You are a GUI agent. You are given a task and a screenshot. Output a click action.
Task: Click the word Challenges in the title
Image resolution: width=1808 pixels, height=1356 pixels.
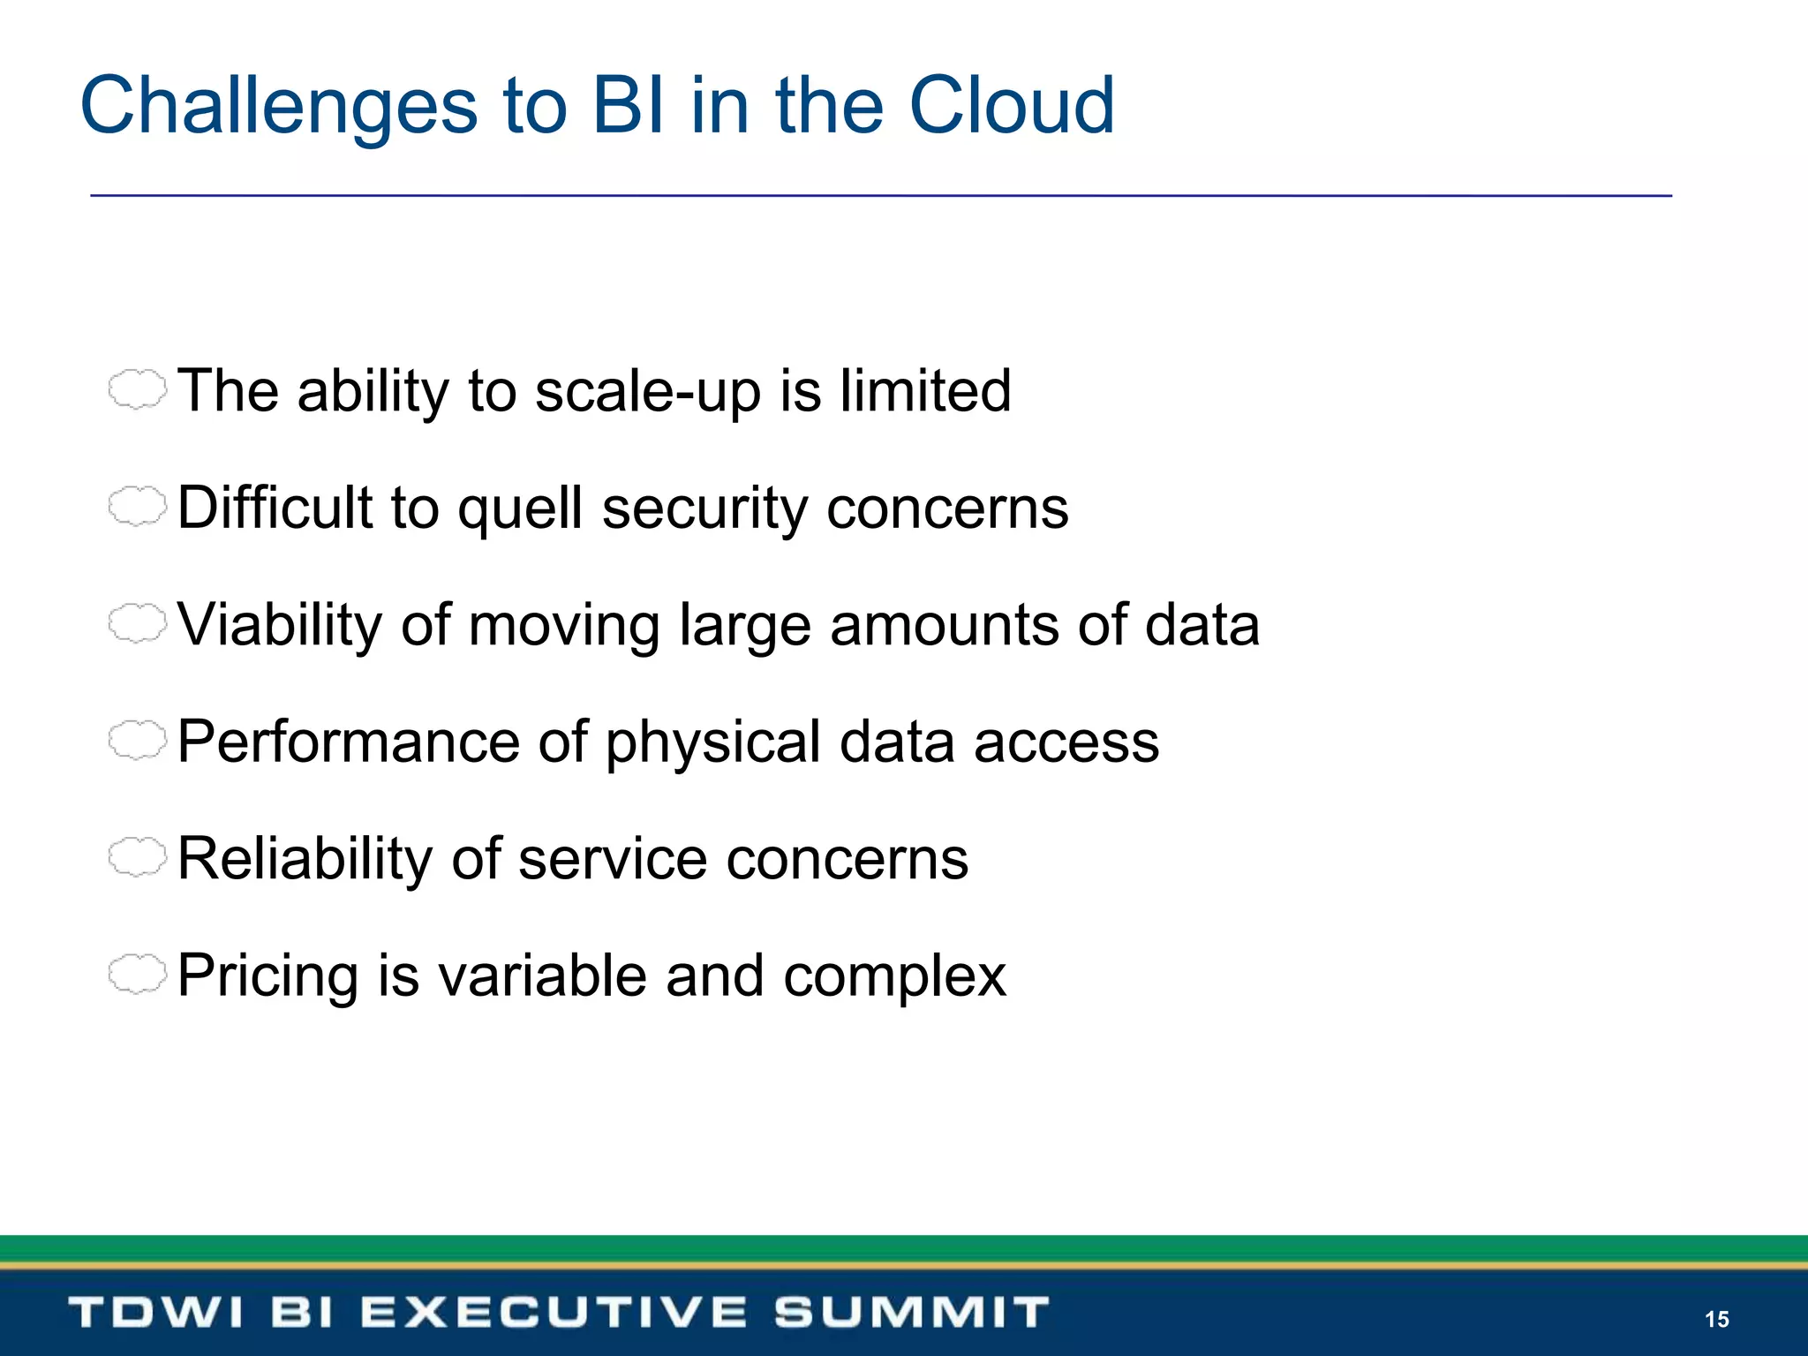click(278, 108)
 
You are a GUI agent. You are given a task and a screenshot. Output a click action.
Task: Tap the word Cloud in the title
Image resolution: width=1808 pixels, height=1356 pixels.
click(1012, 106)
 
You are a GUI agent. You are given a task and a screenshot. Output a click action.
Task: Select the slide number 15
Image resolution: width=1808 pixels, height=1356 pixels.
click(1716, 1319)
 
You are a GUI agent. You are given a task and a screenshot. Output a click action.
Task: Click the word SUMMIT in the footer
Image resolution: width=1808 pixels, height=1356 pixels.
click(911, 1312)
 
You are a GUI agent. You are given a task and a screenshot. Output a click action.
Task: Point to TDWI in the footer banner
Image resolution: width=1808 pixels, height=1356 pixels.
click(155, 1312)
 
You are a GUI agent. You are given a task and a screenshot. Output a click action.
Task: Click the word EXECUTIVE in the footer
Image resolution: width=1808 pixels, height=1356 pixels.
click(554, 1312)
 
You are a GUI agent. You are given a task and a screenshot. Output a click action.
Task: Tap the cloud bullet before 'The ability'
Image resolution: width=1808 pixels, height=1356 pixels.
click(137, 389)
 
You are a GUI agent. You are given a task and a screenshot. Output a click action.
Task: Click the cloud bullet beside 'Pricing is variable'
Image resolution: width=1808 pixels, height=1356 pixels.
click(137, 975)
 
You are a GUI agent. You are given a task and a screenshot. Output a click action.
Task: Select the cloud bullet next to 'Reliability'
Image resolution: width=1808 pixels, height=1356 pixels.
click(137, 857)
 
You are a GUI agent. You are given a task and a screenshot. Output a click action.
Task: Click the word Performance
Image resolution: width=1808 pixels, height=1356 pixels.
click(348, 742)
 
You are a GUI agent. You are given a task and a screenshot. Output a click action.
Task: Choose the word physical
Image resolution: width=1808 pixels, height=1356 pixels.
click(713, 743)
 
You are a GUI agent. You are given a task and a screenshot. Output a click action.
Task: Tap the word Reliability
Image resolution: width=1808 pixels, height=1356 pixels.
click(304, 859)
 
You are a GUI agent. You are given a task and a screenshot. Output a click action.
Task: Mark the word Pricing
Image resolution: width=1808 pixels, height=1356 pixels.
click(267, 976)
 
